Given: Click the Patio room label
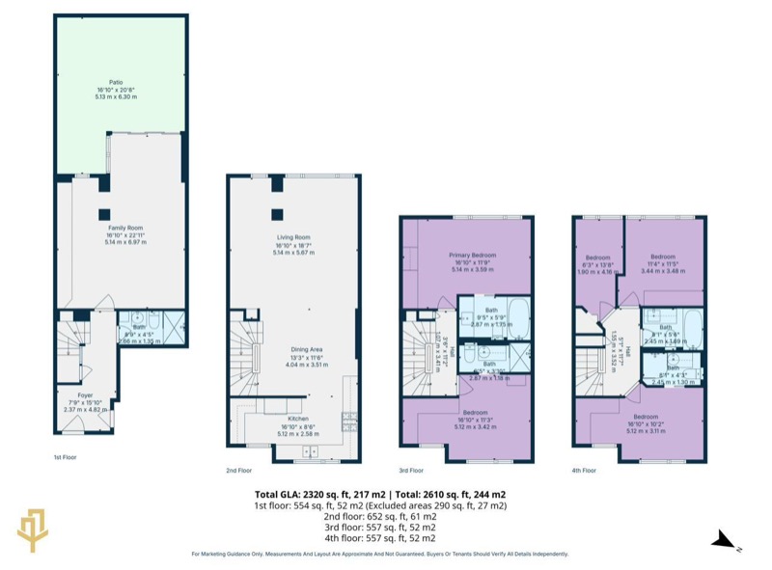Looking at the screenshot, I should coord(115,83).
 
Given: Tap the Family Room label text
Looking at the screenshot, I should coord(124,228).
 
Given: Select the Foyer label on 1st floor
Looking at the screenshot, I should coord(86,394).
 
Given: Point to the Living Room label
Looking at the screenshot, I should coord(293,237).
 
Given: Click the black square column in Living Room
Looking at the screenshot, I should coord(277,214).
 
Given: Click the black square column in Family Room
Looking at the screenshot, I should coord(103,214).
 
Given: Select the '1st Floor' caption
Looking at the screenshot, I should coord(66,458).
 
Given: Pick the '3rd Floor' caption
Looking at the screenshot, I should coord(411,471).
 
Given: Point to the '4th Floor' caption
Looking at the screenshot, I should coord(583,471).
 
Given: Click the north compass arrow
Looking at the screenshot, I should coord(725,543).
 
